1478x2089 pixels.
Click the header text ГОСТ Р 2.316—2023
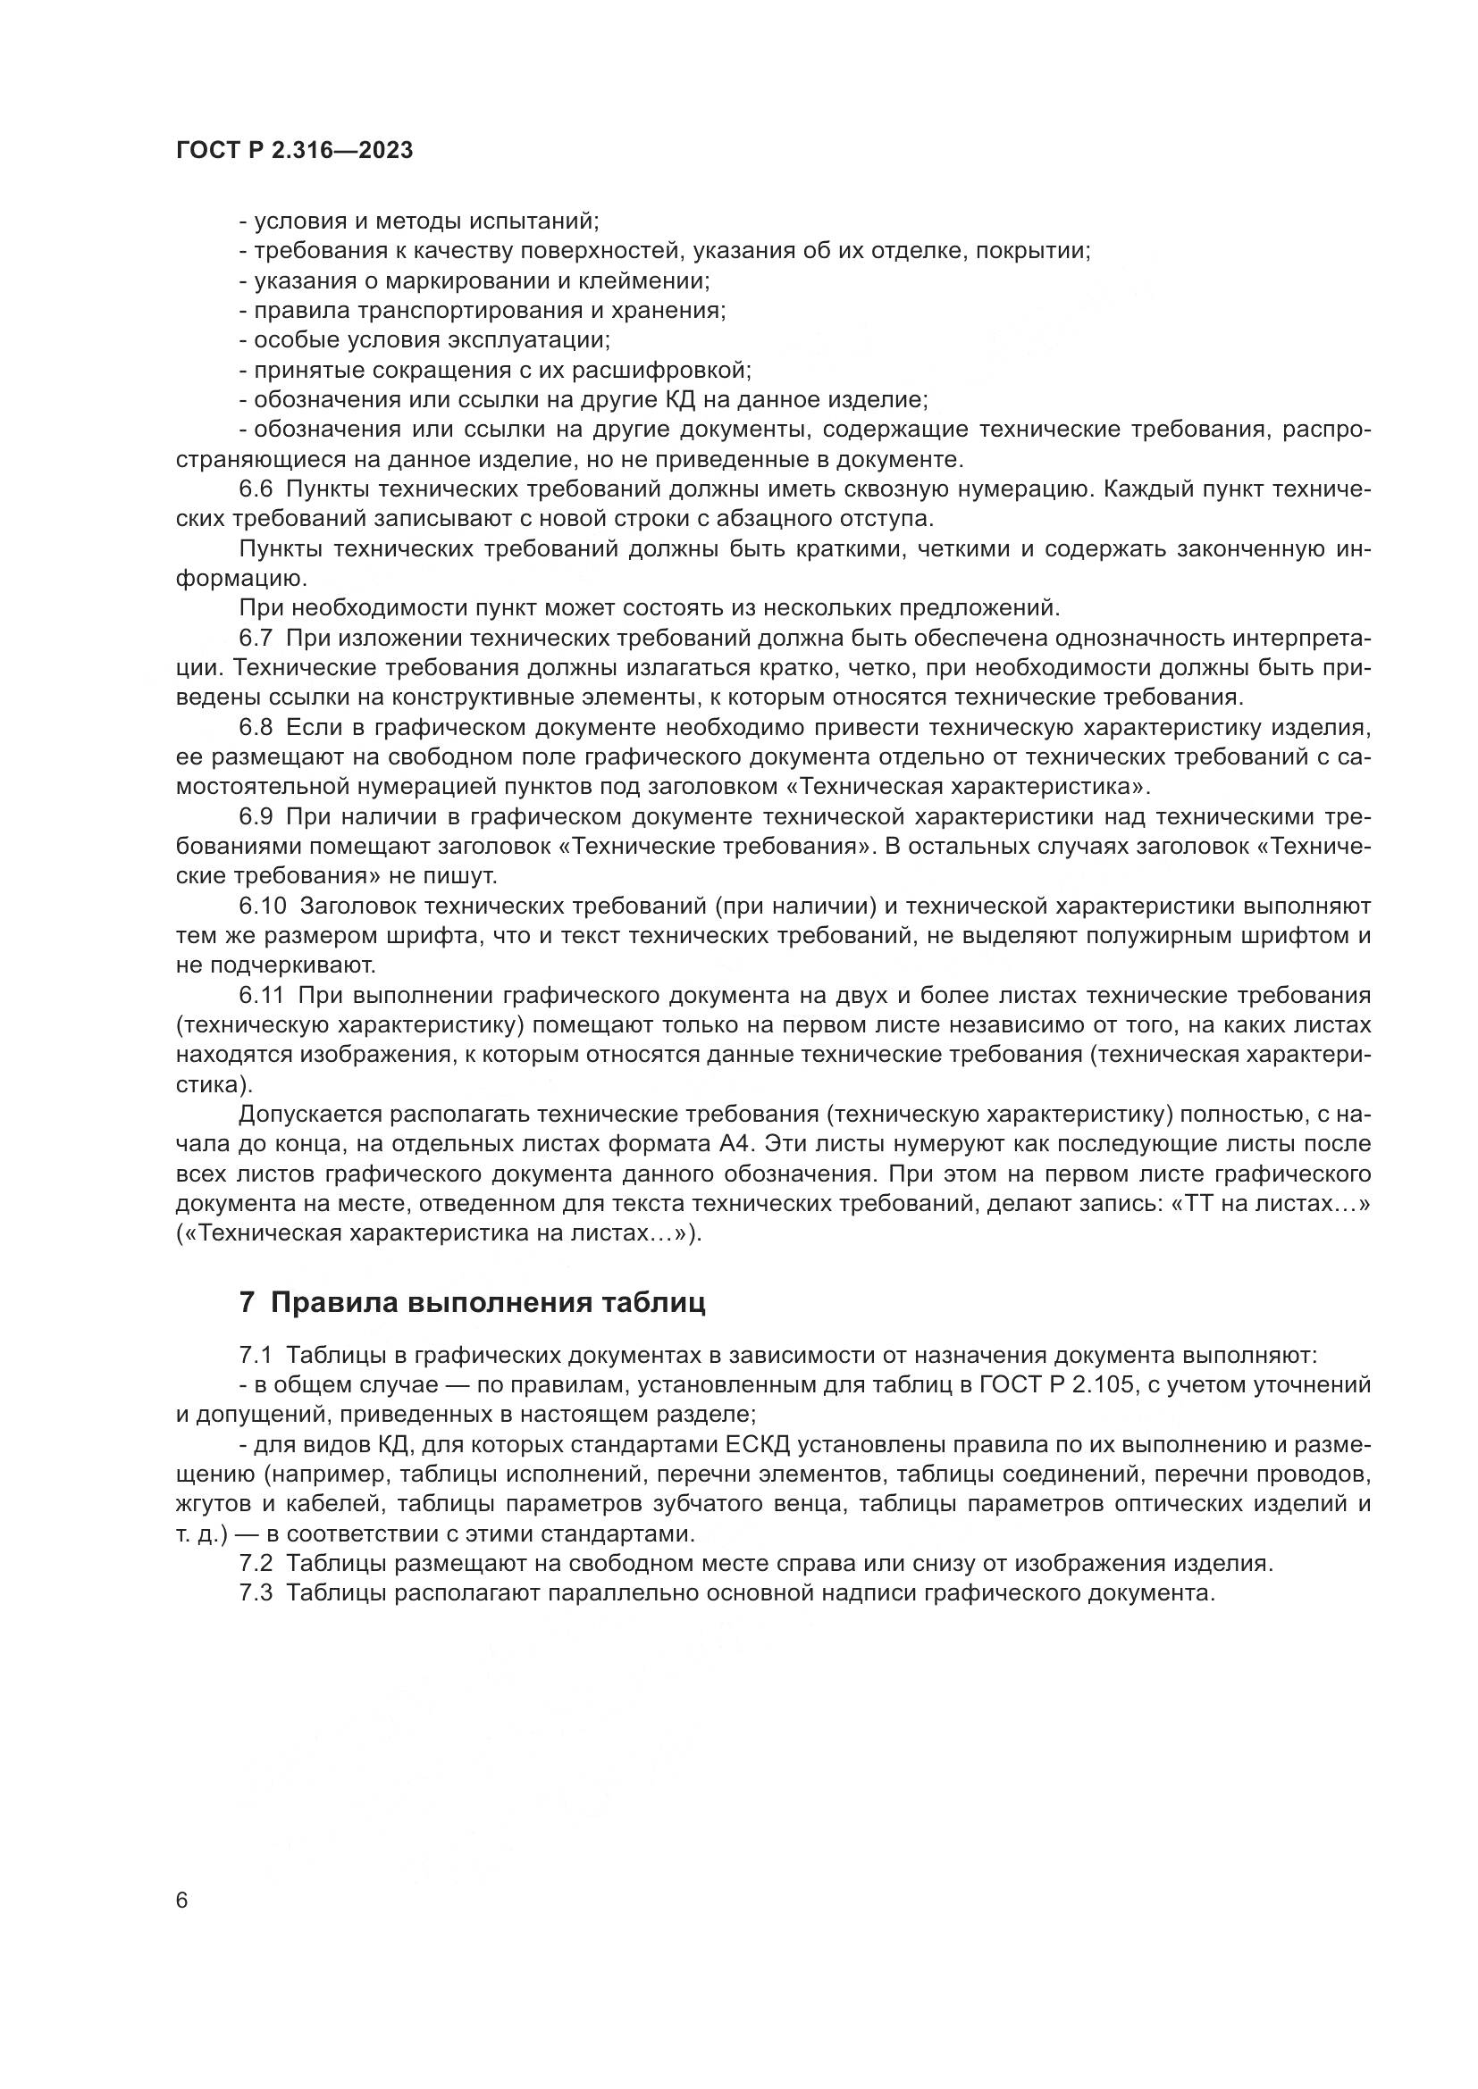click(294, 151)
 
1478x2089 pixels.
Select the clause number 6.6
click(256, 489)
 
